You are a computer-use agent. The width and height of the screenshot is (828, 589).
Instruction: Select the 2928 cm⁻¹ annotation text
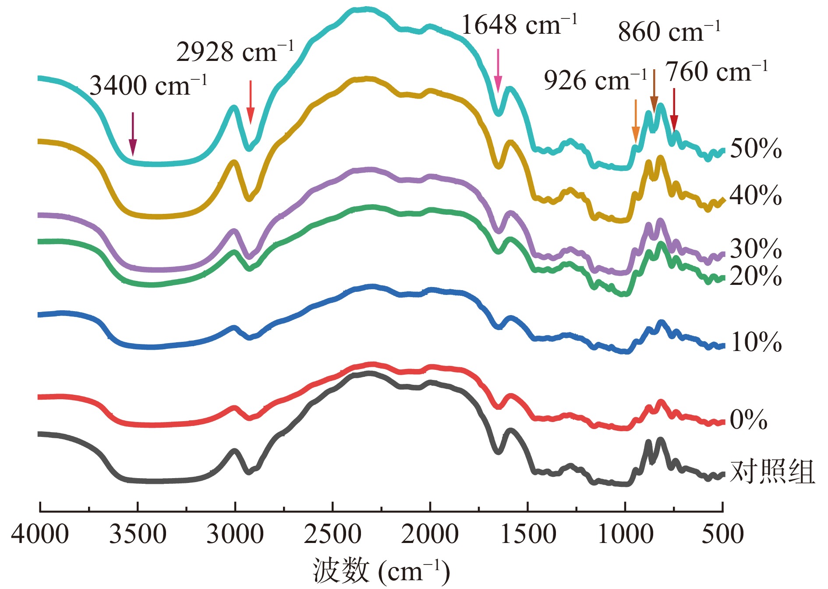pos(235,52)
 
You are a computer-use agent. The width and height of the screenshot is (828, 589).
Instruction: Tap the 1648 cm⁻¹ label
pos(519,25)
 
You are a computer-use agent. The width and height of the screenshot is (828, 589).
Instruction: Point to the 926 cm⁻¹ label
pos(595,81)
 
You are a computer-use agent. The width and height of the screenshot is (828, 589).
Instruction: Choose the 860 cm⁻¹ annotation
pos(669,32)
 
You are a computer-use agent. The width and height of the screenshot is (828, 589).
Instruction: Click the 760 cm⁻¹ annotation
pos(717,72)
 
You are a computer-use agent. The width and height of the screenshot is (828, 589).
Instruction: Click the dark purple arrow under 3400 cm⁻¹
pos(133,134)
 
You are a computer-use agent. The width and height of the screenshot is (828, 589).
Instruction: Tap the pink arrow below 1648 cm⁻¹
pos(498,70)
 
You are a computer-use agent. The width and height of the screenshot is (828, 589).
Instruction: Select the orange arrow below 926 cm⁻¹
pos(636,121)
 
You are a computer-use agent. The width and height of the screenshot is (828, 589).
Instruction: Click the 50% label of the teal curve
pos(756,149)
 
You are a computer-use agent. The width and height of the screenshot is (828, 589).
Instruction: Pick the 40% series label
pos(756,195)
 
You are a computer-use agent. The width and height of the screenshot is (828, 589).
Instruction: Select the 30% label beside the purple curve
pos(756,249)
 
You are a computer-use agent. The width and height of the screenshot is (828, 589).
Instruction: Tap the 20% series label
pos(756,276)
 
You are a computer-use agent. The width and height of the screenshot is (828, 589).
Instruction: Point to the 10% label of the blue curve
pos(756,342)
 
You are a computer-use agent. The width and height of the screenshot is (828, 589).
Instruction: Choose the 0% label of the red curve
pos(748,419)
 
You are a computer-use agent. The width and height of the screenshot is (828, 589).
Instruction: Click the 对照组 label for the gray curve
pos(772,472)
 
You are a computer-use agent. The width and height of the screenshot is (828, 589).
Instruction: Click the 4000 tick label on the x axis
pos(40,534)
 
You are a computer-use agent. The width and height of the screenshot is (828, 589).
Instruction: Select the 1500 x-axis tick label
pos(528,534)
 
